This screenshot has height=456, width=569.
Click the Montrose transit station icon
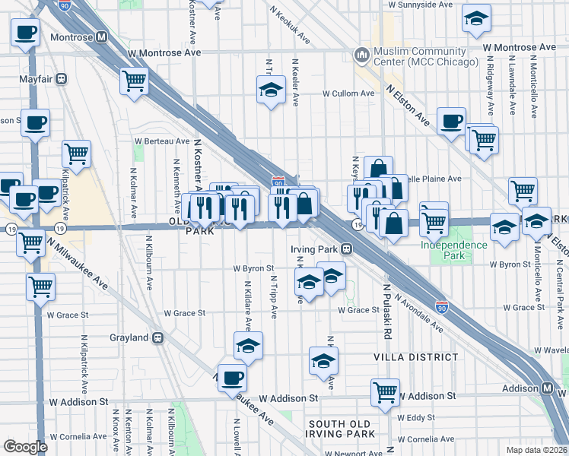[101, 37]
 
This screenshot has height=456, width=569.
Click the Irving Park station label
[313, 248]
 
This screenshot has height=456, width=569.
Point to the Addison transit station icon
[548, 388]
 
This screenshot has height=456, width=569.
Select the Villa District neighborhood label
[415, 356]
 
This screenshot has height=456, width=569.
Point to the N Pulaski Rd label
[387, 311]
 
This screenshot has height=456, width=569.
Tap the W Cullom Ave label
[348, 94]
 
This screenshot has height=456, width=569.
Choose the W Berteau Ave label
[162, 141]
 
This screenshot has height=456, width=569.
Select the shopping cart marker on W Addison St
[386, 392]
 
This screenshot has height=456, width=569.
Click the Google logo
[25, 447]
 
